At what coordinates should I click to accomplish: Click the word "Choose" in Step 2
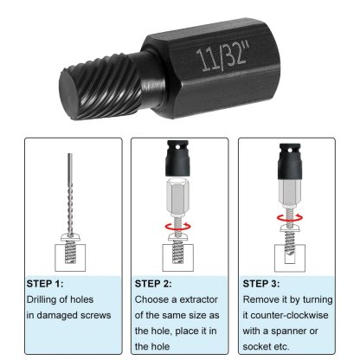pyautogui.click(x=154, y=299)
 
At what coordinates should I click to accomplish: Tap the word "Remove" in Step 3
pyautogui.click(x=265, y=299)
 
